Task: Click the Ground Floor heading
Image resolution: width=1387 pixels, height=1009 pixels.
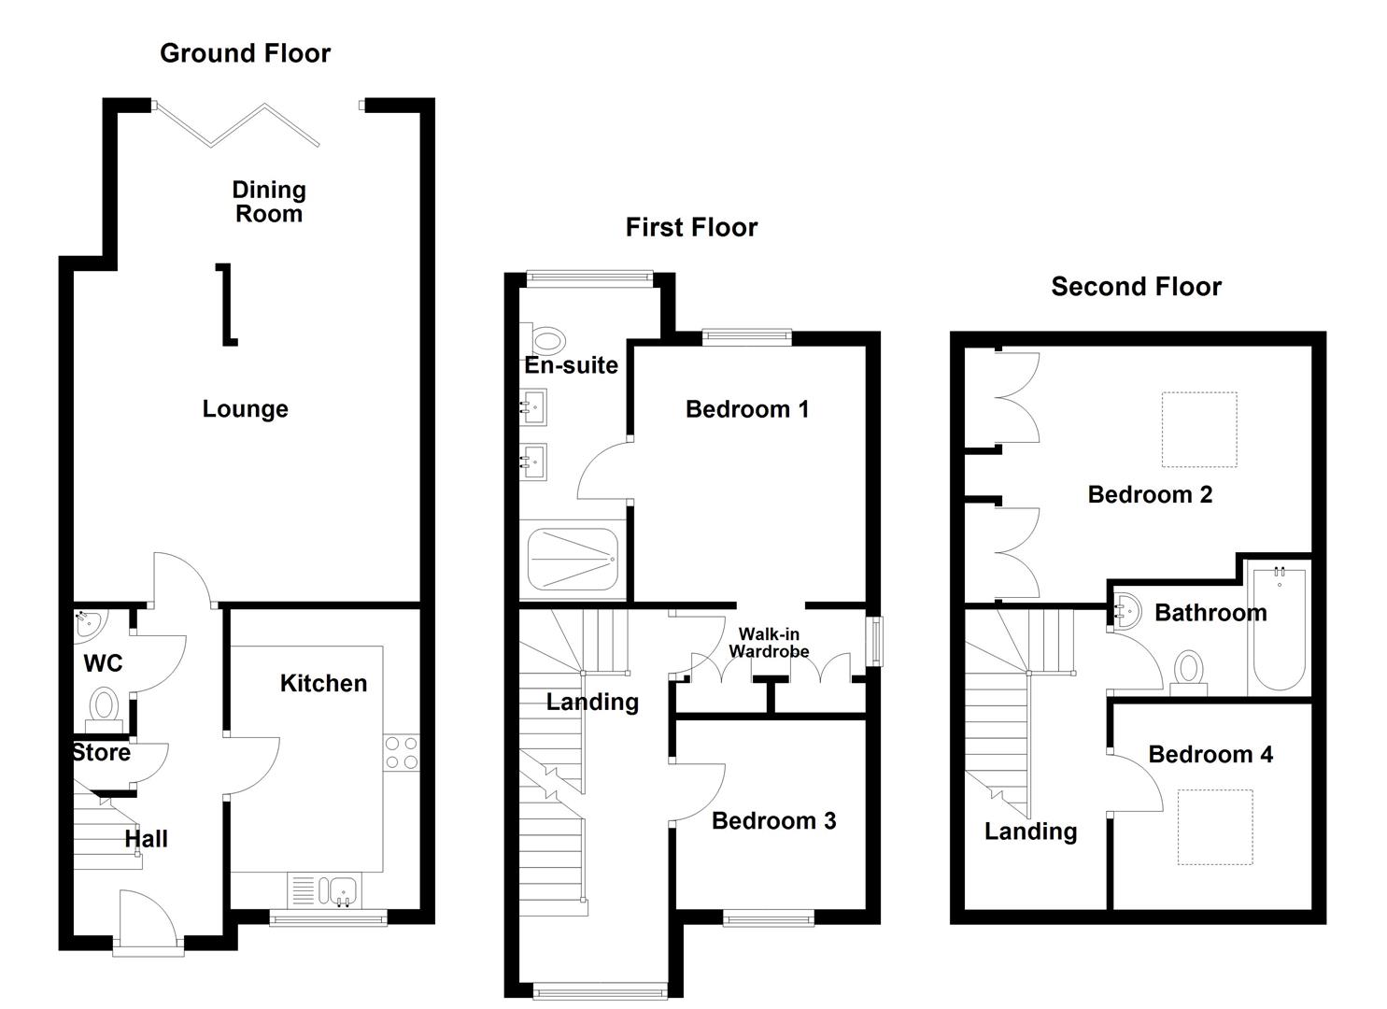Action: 245,53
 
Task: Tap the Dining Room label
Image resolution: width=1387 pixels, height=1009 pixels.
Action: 269,202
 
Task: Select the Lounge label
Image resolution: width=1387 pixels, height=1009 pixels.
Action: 245,409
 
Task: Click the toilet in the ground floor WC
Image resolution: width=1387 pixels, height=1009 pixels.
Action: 104,707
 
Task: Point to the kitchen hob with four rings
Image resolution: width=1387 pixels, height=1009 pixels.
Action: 401,753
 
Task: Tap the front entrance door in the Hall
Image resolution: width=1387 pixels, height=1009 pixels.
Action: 148,920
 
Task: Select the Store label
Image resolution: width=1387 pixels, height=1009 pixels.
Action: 102,753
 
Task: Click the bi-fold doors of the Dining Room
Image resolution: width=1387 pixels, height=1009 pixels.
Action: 238,124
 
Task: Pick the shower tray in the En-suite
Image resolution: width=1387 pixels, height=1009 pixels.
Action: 573,559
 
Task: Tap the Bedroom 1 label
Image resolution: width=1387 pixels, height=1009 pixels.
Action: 746,409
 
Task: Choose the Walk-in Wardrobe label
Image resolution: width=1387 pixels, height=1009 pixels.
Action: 769,643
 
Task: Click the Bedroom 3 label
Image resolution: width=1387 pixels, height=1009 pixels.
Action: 773,821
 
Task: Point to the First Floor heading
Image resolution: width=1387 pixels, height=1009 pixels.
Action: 691,227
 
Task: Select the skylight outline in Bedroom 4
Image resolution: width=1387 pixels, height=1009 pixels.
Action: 1214,828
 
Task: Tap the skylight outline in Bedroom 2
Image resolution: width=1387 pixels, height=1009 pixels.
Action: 1199,430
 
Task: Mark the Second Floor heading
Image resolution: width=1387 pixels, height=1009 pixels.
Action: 1136,287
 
